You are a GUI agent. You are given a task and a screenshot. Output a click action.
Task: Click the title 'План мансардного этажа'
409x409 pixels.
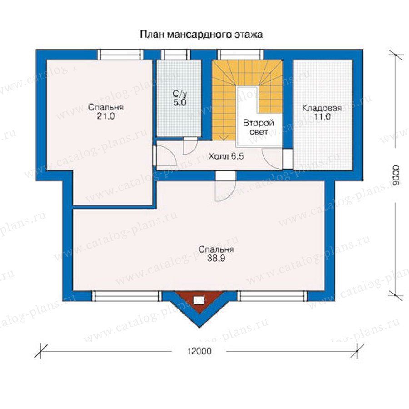tap(201, 35)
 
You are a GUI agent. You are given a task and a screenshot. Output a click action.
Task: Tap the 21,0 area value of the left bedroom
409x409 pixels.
tap(106, 116)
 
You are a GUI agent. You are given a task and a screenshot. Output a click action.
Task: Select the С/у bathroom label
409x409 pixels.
tap(180, 94)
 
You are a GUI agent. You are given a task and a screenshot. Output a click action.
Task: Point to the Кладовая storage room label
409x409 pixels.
tap(322, 108)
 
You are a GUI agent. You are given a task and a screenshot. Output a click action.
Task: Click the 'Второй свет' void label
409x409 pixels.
tap(259, 127)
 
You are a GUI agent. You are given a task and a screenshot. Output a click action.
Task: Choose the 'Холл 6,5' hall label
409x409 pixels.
tap(226, 156)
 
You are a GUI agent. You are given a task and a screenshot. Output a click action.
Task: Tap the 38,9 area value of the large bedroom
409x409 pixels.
tap(216, 258)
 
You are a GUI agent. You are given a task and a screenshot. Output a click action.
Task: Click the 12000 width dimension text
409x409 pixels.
tap(200, 351)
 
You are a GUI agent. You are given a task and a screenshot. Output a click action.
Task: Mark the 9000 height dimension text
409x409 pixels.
tap(396, 175)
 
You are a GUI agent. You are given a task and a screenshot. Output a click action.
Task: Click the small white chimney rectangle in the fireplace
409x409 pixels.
tap(199, 300)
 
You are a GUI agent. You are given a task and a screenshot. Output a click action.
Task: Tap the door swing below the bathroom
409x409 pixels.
tap(190, 146)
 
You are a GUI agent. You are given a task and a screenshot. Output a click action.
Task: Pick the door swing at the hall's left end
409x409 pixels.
tap(167, 156)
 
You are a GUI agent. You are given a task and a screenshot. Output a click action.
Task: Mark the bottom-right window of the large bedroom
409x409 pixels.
tap(272, 296)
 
